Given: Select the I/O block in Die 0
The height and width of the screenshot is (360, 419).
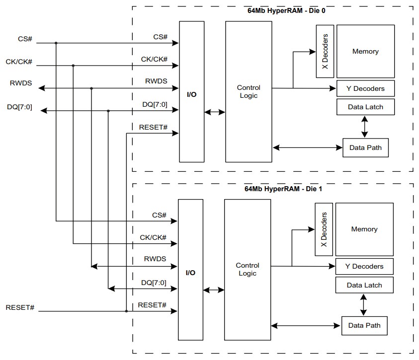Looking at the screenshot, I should coord(191,94).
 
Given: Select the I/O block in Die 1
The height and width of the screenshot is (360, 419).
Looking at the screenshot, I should coord(190,273).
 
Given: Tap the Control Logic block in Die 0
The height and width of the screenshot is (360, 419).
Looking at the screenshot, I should coord(249,91).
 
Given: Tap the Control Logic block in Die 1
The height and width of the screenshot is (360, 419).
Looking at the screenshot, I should coord(247,269).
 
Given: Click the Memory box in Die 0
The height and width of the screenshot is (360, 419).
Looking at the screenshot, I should coord(365,51).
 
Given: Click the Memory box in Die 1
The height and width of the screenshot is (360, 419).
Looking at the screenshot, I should coord(364,229).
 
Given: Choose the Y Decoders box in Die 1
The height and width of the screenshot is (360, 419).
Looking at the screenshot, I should coord(364,266).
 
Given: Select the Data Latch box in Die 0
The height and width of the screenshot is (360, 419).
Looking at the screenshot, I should coord(365,106).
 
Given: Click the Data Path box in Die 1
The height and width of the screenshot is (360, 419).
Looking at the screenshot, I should coord(364,325).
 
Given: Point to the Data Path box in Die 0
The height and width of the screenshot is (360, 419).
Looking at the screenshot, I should coord(365,147).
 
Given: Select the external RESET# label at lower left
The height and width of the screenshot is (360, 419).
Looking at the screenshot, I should coord(20,307).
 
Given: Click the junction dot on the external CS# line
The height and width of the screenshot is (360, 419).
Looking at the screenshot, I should coord(56,43).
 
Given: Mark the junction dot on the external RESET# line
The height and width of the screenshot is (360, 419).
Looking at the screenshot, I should coord(127,311).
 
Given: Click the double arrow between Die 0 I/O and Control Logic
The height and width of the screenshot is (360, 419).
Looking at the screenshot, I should coord(214,113).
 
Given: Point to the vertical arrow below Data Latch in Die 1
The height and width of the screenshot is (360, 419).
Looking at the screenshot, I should coord(363,304).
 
